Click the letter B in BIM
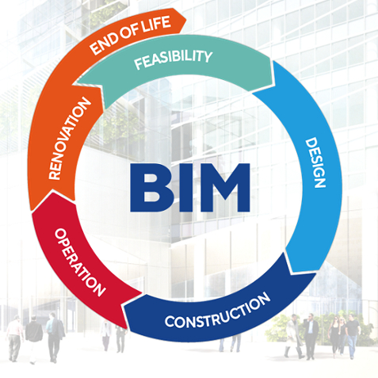click(x=147, y=188)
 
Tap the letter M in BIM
click(x=221, y=188)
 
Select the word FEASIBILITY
click(x=174, y=59)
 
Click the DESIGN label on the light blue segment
click(x=315, y=162)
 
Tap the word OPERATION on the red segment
click(x=80, y=262)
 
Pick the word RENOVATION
click(x=70, y=138)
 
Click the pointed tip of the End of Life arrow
click(x=186, y=20)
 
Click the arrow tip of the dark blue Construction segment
click(x=124, y=306)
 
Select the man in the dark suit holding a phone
click(x=311, y=336)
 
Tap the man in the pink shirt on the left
click(x=14, y=338)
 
